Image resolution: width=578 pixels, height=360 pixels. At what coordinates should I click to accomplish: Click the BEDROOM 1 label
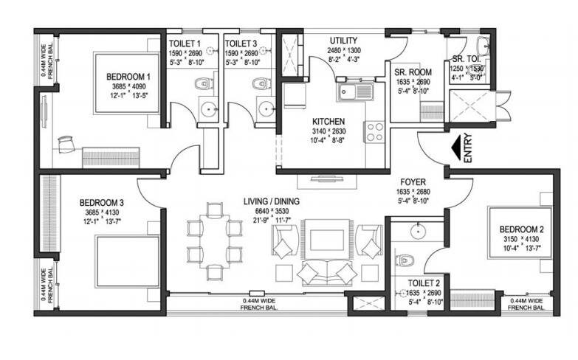coord(128,76)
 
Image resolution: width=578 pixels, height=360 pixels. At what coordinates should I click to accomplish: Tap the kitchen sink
coord(354,92)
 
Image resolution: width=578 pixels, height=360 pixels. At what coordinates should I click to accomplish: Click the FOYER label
coord(411,180)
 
